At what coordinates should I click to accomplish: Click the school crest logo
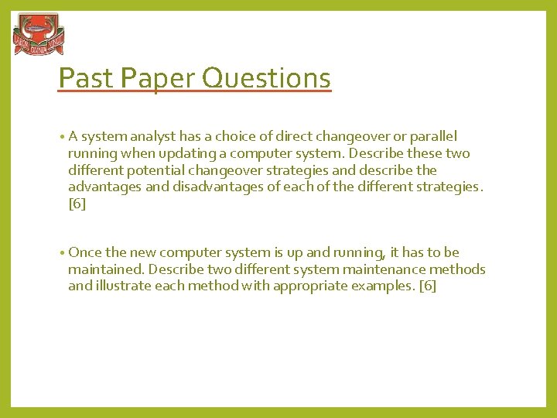39,35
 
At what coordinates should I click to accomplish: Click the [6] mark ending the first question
77,204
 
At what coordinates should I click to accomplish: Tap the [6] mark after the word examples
427,286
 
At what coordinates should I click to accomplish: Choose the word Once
84,252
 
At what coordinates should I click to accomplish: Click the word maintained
106,269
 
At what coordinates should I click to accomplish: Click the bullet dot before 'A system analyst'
62,136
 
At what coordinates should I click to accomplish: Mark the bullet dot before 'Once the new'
62,252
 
